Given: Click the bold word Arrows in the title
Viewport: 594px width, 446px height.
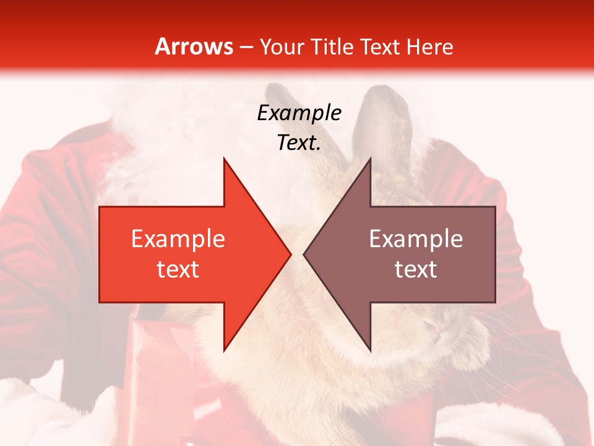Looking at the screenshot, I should point(194,46).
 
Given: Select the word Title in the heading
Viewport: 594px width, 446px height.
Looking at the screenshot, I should point(332,46).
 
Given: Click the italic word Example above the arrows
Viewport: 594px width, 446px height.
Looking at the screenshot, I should point(299,113).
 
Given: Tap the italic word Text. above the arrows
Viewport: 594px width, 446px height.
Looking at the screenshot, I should point(299,142).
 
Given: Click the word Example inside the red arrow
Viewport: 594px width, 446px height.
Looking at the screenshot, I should point(178,239).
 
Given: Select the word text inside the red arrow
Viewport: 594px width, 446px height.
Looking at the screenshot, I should point(178,269).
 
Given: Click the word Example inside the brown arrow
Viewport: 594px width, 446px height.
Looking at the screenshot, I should point(416,239).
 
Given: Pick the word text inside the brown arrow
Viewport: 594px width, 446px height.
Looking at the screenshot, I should point(416,269).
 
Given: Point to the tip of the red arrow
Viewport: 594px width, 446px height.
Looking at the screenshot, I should point(290,254).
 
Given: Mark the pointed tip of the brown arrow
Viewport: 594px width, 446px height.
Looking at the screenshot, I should point(304,254).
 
